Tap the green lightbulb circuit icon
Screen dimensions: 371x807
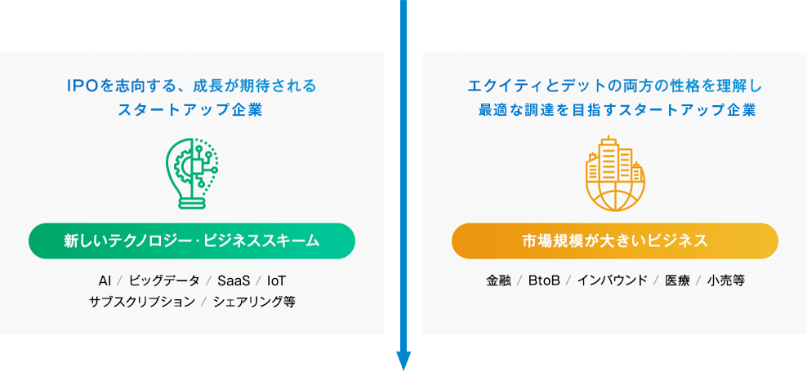tap(192, 173)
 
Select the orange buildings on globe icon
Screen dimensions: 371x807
tap(614, 173)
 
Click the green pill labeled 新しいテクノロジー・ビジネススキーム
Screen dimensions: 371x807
tap(192, 241)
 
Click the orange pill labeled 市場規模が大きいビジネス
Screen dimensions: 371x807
tap(614, 241)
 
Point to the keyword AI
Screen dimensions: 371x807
tap(105, 280)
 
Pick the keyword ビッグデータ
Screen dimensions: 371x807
tap(164, 280)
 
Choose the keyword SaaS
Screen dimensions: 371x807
tap(234, 280)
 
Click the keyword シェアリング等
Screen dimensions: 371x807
tap(254, 302)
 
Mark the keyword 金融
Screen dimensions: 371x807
tap(498, 280)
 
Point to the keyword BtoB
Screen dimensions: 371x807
tap(544, 280)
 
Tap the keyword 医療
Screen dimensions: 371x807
tap(677, 280)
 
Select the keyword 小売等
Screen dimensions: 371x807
tap(726, 280)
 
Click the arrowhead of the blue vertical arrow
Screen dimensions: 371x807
tap(403, 360)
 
